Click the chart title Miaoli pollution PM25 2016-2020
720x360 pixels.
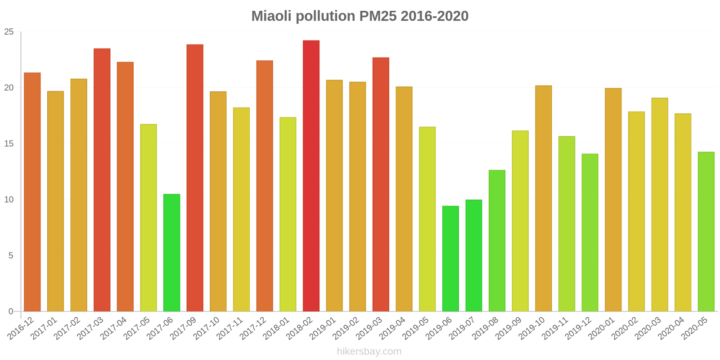(360, 16)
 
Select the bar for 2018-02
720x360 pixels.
(311, 176)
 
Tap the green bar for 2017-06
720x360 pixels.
(171, 252)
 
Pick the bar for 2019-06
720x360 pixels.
(450, 258)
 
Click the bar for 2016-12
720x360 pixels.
(32, 192)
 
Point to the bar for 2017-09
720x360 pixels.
(195, 178)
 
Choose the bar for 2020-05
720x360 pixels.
(706, 231)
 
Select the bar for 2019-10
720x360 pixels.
(543, 198)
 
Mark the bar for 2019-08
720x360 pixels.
(497, 240)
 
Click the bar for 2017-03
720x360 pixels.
(102, 180)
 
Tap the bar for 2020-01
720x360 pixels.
(613, 199)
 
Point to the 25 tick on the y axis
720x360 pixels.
(9, 32)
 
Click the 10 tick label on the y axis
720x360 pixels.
(9, 200)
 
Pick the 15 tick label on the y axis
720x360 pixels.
(9, 144)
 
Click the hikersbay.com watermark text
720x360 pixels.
(369, 351)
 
